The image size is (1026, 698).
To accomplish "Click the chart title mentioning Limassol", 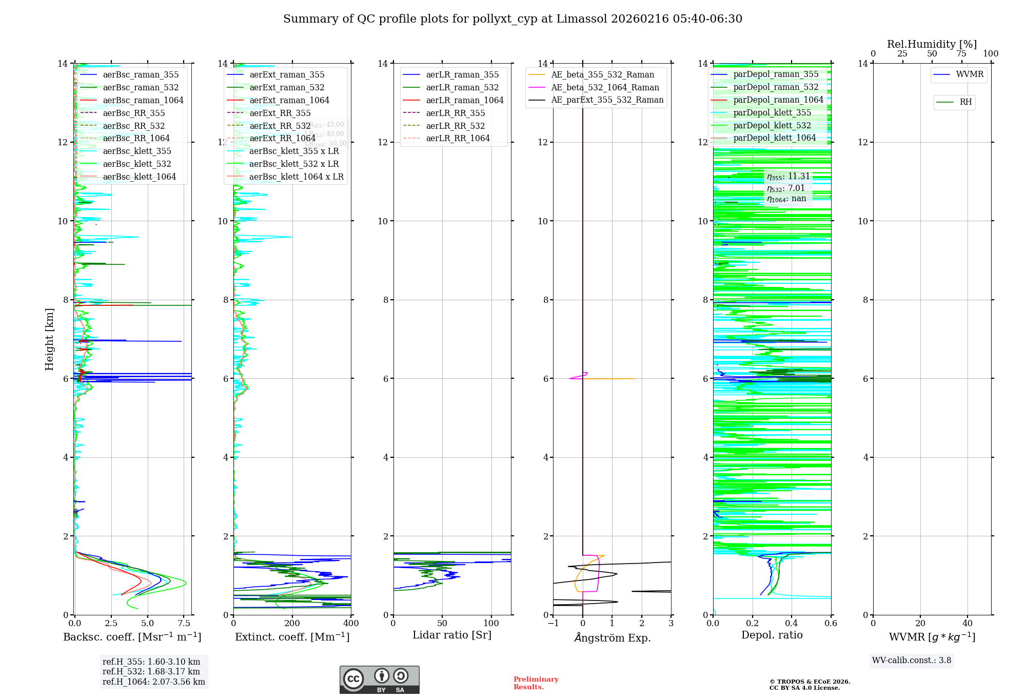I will pos(512,19).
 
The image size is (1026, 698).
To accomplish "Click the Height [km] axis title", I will pos(49,339).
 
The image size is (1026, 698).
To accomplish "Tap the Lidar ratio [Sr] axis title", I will pos(452,635).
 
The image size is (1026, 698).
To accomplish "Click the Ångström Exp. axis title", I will pos(612,637).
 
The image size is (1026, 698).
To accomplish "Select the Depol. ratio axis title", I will pos(772,635).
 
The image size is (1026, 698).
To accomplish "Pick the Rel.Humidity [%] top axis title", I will pos(932,44).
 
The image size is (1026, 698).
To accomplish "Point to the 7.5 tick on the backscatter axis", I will pos(184,624).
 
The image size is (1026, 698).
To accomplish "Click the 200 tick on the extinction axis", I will pos(292,624).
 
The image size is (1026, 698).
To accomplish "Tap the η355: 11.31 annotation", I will pos(788,177).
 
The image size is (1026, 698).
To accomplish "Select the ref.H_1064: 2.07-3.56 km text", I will pos(153,682).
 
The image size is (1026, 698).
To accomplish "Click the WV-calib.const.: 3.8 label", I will pos(912,660).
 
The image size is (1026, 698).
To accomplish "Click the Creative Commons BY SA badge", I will pos(379,680).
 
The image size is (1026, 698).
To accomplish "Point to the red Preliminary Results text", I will pos(536,683).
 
